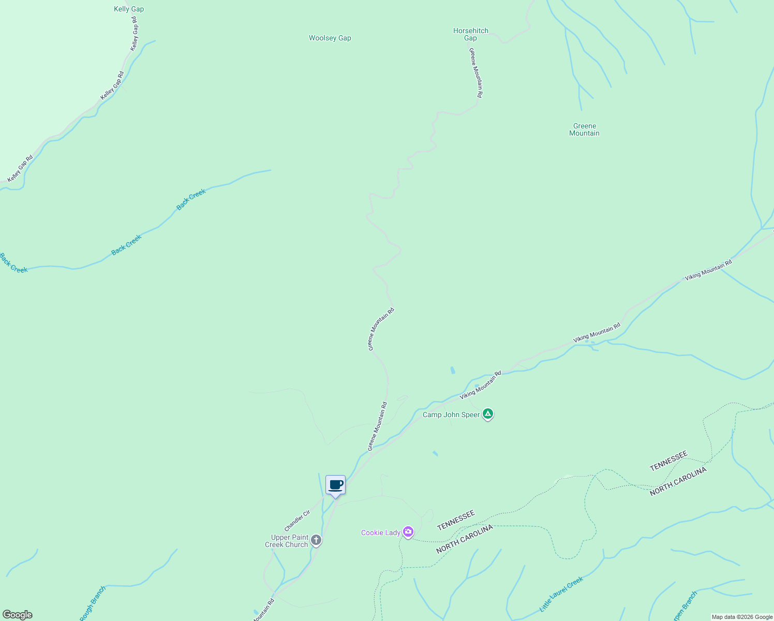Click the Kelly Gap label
pyautogui.click(x=129, y=9)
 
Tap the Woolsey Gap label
pyautogui.click(x=330, y=38)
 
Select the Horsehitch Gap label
pyautogui.click(x=470, y=34)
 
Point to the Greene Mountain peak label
pyautogui.click(x=584, y=129)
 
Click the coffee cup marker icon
pyautogui.click(x=336, y=485)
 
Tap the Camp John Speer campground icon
pyautogui.click(x=487, y=414)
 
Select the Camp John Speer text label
pyautogui.click(x=451, y=415)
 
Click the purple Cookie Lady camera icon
pyautogui.click(x=408, y=532)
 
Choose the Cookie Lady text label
pyautogui.click(x=381, y=533)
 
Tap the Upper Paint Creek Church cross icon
pyautogui.click(x=316, y=540)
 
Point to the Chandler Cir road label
pyautogui.click(x=297, y=521)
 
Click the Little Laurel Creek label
pyautogui.click(x=561, y=594)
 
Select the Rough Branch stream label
pyautogui.click(x=93, y=603)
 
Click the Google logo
pyautogui.click(x=17, y=615)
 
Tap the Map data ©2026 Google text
pyautogui.click(x=742, y=617)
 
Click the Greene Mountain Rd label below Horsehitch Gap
pyautogui.click(x=475, y=72)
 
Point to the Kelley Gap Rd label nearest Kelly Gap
pyautogui.click(x=135, y=34)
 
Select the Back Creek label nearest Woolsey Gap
pyautogui.click(x=191, y=199)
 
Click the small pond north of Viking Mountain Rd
pyautogui.click(x=453, y=370)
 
